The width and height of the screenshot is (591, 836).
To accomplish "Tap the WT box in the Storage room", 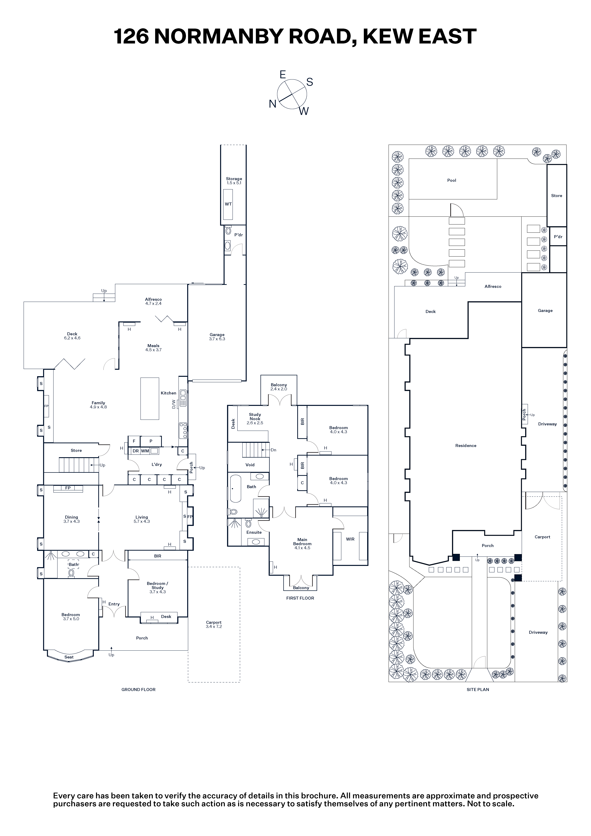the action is tap(228, 204).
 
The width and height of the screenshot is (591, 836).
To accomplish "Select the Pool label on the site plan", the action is tap(452, 180).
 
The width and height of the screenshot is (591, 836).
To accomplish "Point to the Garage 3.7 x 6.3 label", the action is tap(217, 337).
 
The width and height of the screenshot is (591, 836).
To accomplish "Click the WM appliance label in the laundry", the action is tap(145, 451).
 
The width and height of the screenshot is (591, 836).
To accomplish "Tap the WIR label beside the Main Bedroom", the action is tap(350, 539).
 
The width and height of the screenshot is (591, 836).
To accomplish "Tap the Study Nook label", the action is tap(255, 417).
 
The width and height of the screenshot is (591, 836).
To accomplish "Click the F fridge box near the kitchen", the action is tap(134, 441).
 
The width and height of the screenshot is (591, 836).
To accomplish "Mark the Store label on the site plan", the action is tap(556, 196).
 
